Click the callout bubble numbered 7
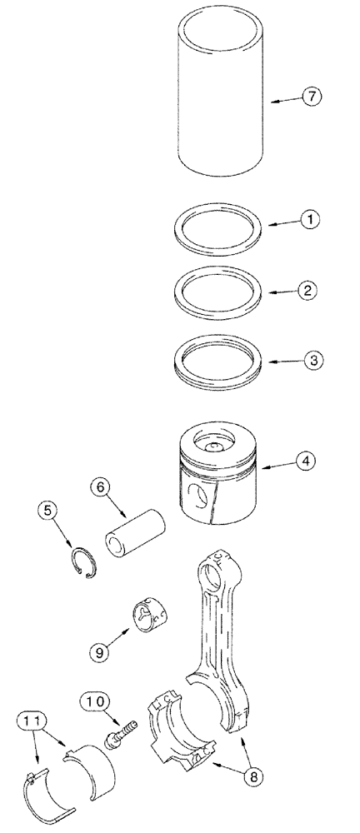click(310, 97)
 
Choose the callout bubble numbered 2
click(307, 291)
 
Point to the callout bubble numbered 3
click(307, 361)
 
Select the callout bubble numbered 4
click(307, 459)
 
